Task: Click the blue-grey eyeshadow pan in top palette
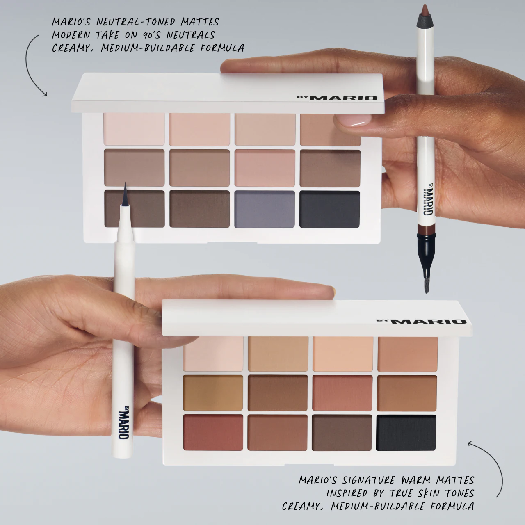pos(265,209)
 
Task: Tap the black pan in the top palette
pos(330,209)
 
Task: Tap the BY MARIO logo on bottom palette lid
pos(421,322)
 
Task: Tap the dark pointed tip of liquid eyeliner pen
pos(124,193)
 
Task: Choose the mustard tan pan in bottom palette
pos(213,394)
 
